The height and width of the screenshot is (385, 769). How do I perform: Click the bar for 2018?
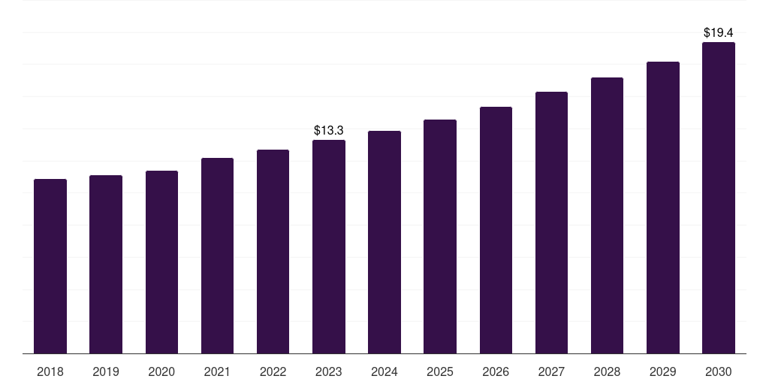pos(50,266)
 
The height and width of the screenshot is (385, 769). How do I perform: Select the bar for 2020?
pos(162,262)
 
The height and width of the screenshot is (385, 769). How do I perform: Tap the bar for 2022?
pos(273,251)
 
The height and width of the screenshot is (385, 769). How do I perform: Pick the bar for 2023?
pos(329,247)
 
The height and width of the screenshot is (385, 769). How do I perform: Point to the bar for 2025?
pos(440,236)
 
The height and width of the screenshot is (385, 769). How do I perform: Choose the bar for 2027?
pos(551,223)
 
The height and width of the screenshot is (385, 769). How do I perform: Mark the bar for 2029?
pos(663,208)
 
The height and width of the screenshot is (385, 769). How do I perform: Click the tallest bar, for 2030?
pos(719,198)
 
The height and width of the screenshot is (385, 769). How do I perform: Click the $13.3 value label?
pos(329,131)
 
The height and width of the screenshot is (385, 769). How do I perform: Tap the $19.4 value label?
pos(719,33)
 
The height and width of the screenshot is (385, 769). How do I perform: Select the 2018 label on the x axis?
pos(50,371)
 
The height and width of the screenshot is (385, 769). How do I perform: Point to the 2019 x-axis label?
pos(106,371)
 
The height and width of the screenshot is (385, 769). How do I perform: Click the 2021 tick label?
pos(217,371)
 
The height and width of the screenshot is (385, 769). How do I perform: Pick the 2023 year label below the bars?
pos(329,371)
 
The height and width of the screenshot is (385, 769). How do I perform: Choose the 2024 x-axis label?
pos(384,371)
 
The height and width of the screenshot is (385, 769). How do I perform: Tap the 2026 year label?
pos(496,371)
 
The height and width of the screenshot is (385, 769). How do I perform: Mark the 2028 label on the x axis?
pos(607,371)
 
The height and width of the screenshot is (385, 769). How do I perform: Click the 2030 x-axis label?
pos(719,371)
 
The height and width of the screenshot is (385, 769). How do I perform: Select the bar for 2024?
pos(384,242)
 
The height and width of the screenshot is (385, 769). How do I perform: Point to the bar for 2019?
pos(106,264)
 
